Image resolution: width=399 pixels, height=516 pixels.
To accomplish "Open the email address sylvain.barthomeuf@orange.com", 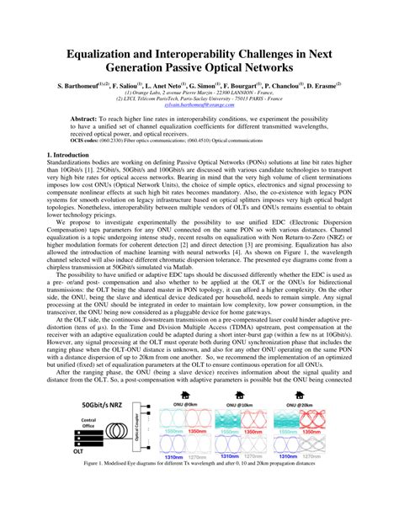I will click(199, 107).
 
